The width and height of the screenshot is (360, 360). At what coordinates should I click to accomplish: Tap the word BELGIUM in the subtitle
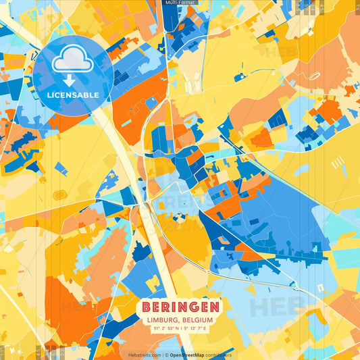(197, 320)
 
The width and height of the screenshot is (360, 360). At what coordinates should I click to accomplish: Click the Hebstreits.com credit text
(144, 354)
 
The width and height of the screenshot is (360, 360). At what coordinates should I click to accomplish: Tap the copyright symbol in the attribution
(164, 354)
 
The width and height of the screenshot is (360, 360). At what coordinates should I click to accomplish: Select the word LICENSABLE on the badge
(72, 95)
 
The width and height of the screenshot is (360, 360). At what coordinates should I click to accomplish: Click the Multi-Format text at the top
(180, 3)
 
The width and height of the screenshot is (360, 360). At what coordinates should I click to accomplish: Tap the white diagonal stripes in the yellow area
(337, 163)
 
